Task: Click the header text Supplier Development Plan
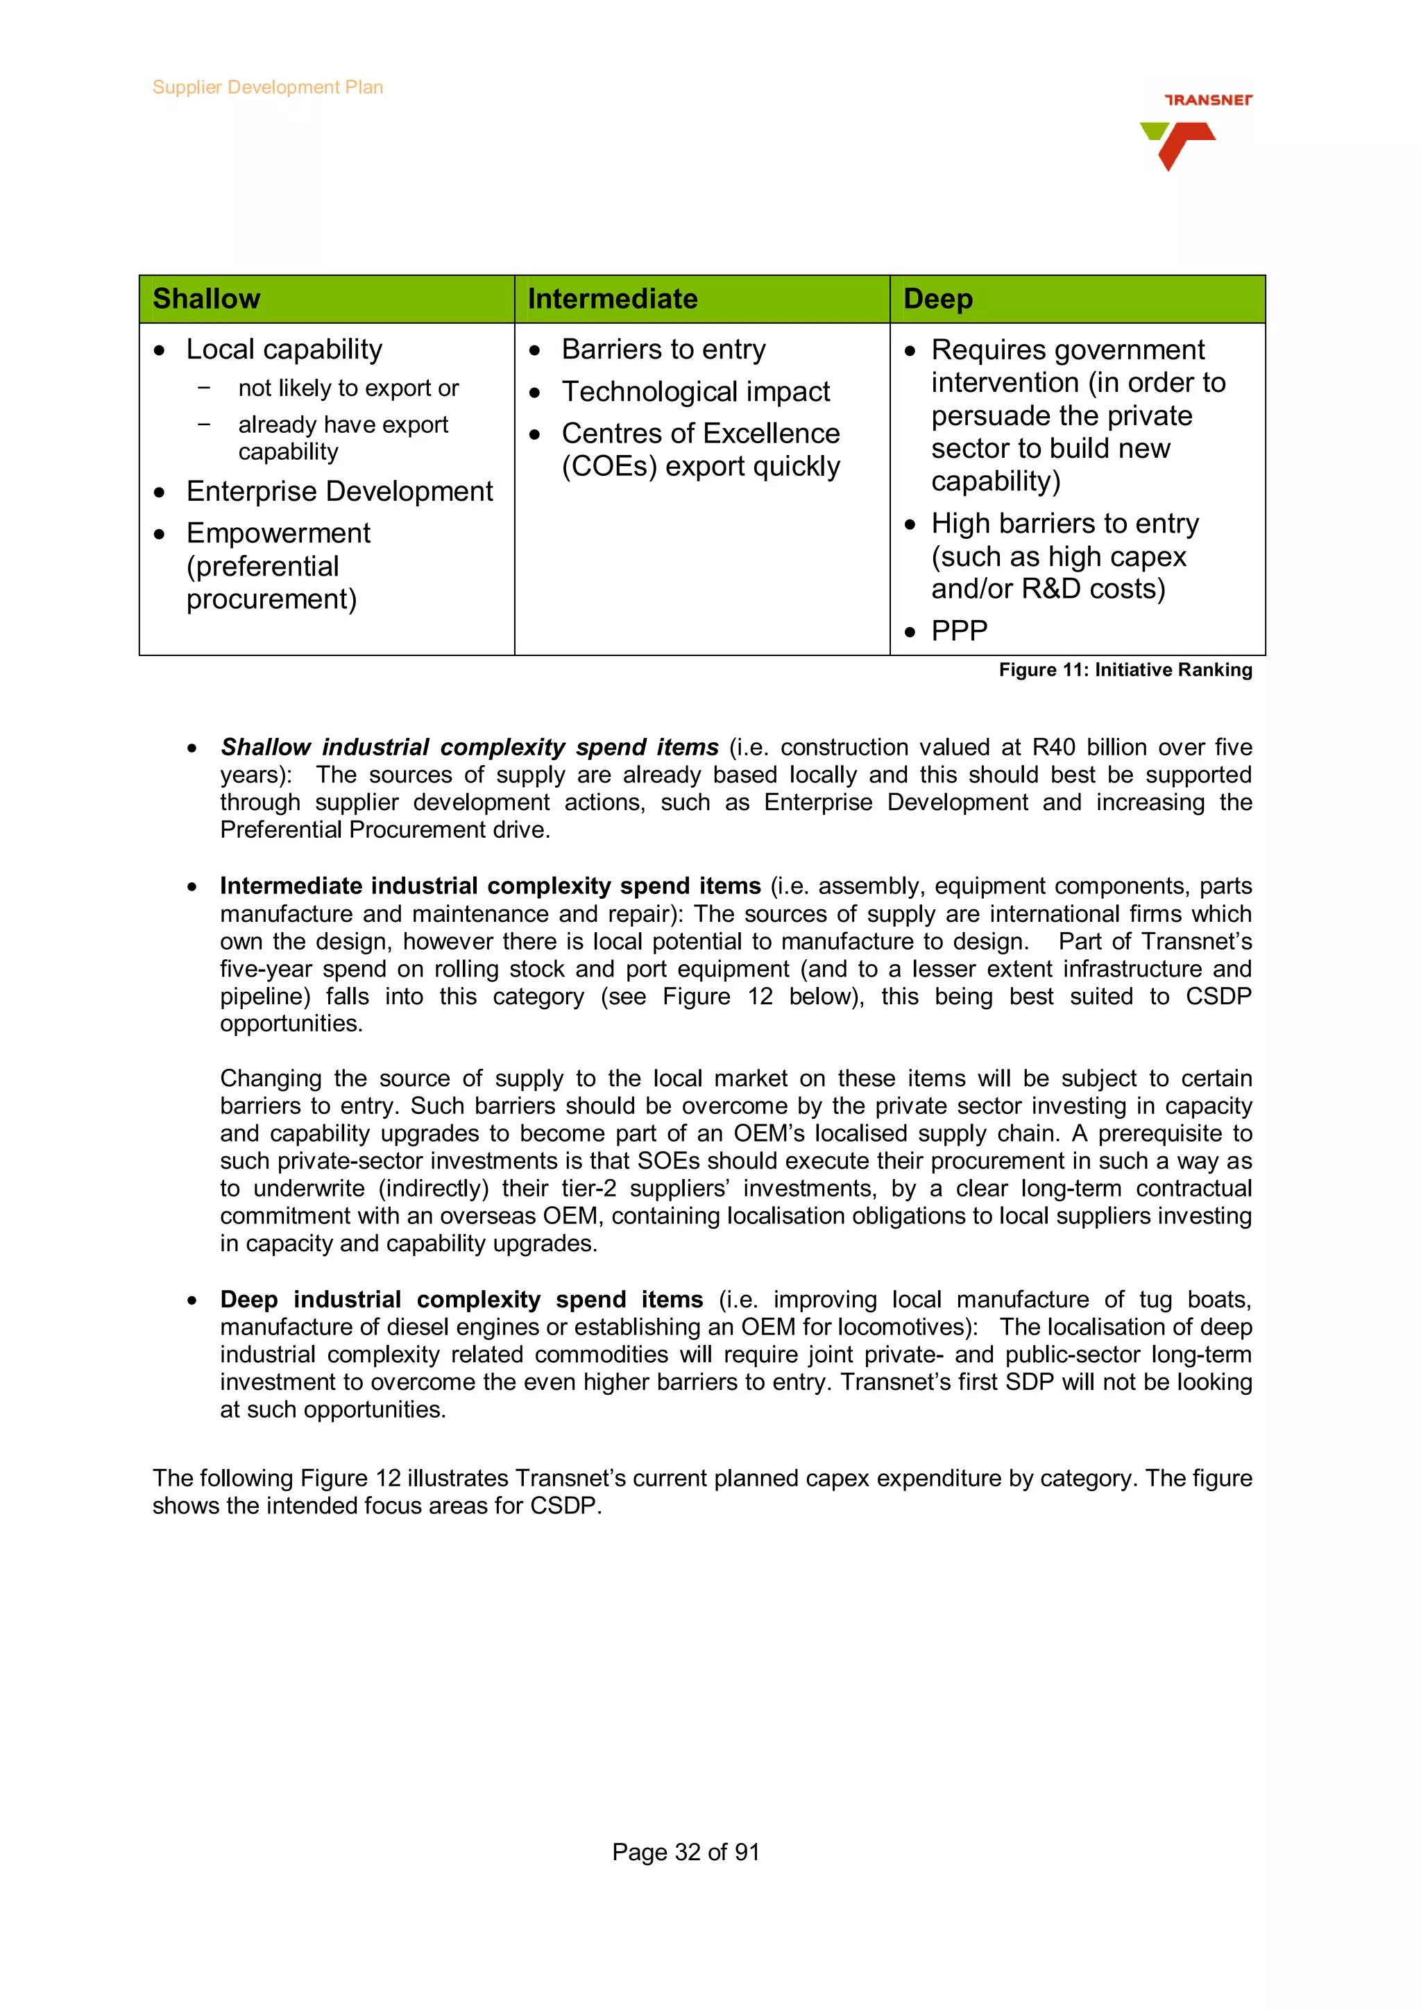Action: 267,87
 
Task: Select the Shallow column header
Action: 207,298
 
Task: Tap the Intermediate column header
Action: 612,298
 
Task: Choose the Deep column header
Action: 937,298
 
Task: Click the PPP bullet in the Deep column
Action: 959,630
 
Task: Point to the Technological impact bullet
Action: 695,391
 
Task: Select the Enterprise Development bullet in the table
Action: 340,491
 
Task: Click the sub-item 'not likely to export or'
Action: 348,388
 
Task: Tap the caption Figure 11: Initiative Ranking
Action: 1125,670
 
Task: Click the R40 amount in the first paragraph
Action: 1053,748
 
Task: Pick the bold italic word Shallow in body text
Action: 265,748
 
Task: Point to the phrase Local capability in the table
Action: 284,350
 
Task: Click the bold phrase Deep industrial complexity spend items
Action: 461,1299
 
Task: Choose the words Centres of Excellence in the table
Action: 700,433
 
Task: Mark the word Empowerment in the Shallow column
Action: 278,533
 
